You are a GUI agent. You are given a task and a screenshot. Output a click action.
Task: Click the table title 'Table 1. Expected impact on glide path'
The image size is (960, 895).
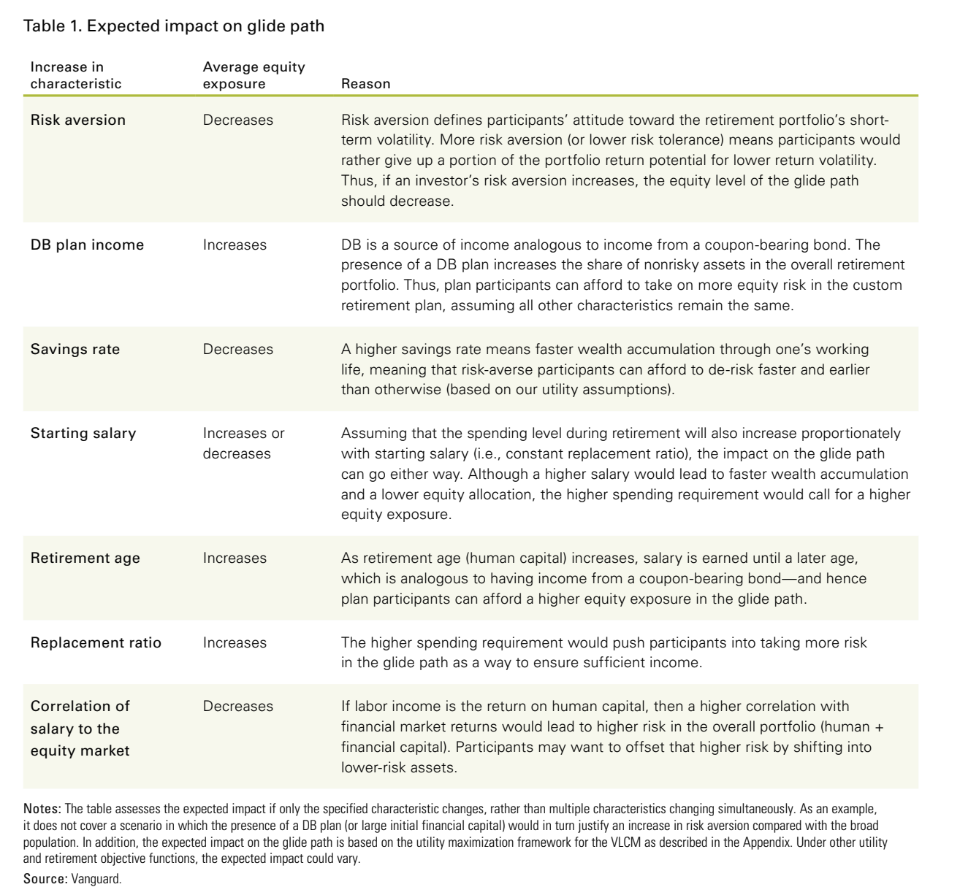[174, 26]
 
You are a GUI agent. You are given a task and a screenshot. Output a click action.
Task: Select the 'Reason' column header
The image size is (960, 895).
[365, 84]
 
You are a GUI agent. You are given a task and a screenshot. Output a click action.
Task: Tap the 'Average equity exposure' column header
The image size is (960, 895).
[254, 75]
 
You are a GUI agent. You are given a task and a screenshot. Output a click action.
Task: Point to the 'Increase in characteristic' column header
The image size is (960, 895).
[76, 75]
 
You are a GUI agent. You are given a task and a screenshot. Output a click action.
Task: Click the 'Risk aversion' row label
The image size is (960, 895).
[78, 120]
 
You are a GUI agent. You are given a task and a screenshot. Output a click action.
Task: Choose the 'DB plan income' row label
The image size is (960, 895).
[87, 245]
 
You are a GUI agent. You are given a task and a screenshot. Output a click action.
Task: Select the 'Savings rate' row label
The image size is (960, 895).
[75, 349]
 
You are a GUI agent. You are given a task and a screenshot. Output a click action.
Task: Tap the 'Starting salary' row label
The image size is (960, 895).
[83, 433]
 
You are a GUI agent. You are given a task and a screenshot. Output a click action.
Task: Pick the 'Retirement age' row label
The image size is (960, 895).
[85, 558]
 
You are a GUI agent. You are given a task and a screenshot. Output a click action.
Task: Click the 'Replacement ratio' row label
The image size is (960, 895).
[96, 642]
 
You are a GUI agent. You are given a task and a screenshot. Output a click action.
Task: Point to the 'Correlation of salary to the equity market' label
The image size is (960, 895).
[80, 728]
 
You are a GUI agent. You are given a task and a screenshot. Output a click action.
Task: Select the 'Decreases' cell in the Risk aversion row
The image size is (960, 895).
[238, 120]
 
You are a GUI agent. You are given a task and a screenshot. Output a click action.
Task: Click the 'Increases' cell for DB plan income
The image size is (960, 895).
[235, 245]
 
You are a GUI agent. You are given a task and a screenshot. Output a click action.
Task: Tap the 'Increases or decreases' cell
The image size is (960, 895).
[243, 443]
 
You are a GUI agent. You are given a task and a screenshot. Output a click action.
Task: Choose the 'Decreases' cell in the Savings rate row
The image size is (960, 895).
[238, 349]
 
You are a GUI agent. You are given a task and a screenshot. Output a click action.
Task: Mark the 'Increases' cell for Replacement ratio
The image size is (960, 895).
[235, 642]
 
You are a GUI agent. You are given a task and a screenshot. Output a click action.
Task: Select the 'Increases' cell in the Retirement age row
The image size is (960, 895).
[235, 558]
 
